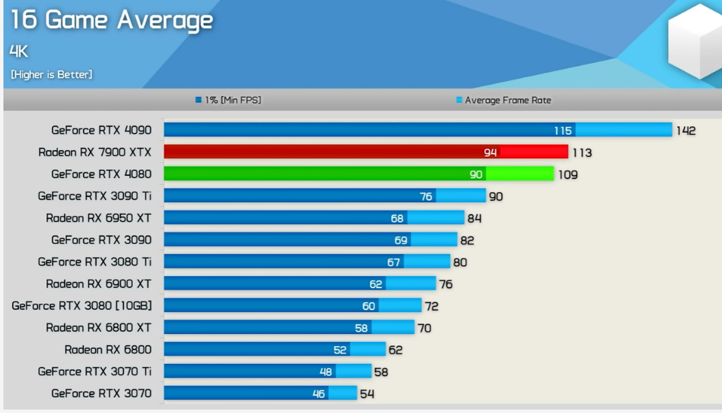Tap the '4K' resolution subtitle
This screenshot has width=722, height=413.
tap(19, 51)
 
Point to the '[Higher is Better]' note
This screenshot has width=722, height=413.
tap(51, 74)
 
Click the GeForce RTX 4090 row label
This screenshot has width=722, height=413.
tap(101, 130)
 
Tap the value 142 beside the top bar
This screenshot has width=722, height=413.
tap(686, 131)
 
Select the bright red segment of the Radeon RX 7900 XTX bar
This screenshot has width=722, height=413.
tap(533, 152)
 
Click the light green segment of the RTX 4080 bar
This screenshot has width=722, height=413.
tap(520, 174)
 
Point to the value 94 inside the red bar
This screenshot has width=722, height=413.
tap(490, 153)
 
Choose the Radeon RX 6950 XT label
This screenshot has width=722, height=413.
tap(98, 218)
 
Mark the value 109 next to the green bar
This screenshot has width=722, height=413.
tap(568, 174)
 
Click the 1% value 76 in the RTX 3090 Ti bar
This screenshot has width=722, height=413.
tap(426, 196)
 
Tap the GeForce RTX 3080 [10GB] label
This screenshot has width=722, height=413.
tap(82, 306)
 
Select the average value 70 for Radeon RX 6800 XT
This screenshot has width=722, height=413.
tap(424, 328)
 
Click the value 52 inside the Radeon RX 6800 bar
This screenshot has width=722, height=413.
tap(340, 350)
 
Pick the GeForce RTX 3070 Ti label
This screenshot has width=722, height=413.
tap(95, 371)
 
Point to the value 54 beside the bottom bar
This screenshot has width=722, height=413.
tap(367, 393)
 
